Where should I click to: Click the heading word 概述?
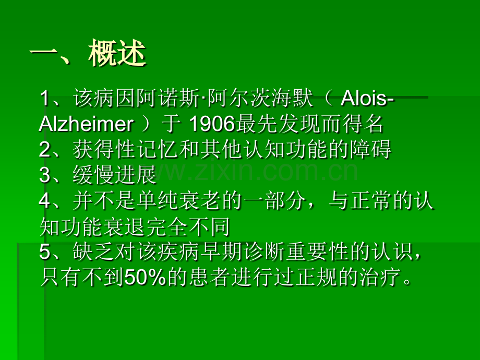coord(117,53)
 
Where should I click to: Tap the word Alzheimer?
coord(86,124)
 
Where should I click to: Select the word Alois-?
coord(367,99)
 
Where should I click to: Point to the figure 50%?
coord(145,278)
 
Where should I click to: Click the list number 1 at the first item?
coord(45,99)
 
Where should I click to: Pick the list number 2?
coord(45,150)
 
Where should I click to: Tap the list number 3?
coord(45,175)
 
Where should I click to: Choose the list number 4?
coord(45,201)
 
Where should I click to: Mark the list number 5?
coord(45,253)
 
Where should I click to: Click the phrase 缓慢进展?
coord(115,175)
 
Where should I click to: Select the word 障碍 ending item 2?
coord(370,150)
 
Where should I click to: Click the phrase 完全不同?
coord(188,227)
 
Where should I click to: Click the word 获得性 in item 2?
coord(104,150)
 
